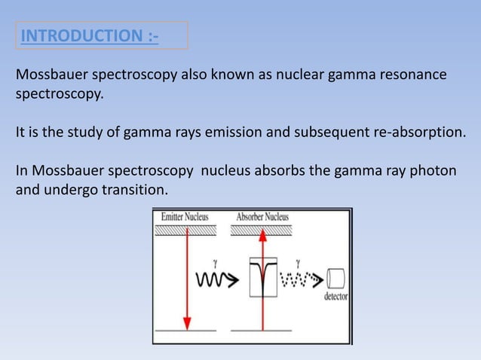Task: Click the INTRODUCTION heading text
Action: pos(90,35)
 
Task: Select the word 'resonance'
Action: pos(410,77)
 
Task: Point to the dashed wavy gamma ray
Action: pos(302,280)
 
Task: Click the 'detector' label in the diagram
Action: pos(336,297)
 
